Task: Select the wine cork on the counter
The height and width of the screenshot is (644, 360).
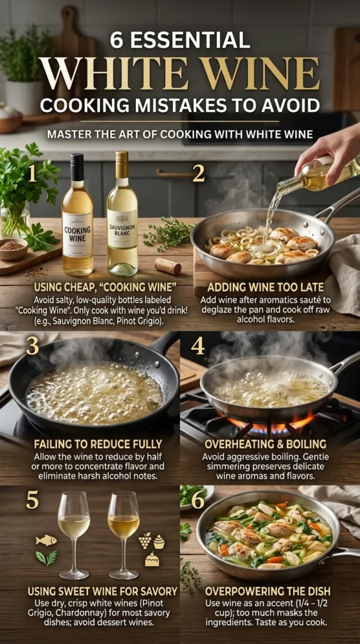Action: coord(167,266)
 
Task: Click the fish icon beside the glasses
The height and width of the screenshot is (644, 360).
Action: coord(46,540)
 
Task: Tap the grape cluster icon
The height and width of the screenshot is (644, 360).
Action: coord(144,540)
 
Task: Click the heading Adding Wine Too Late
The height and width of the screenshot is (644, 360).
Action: coord(270,288)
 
